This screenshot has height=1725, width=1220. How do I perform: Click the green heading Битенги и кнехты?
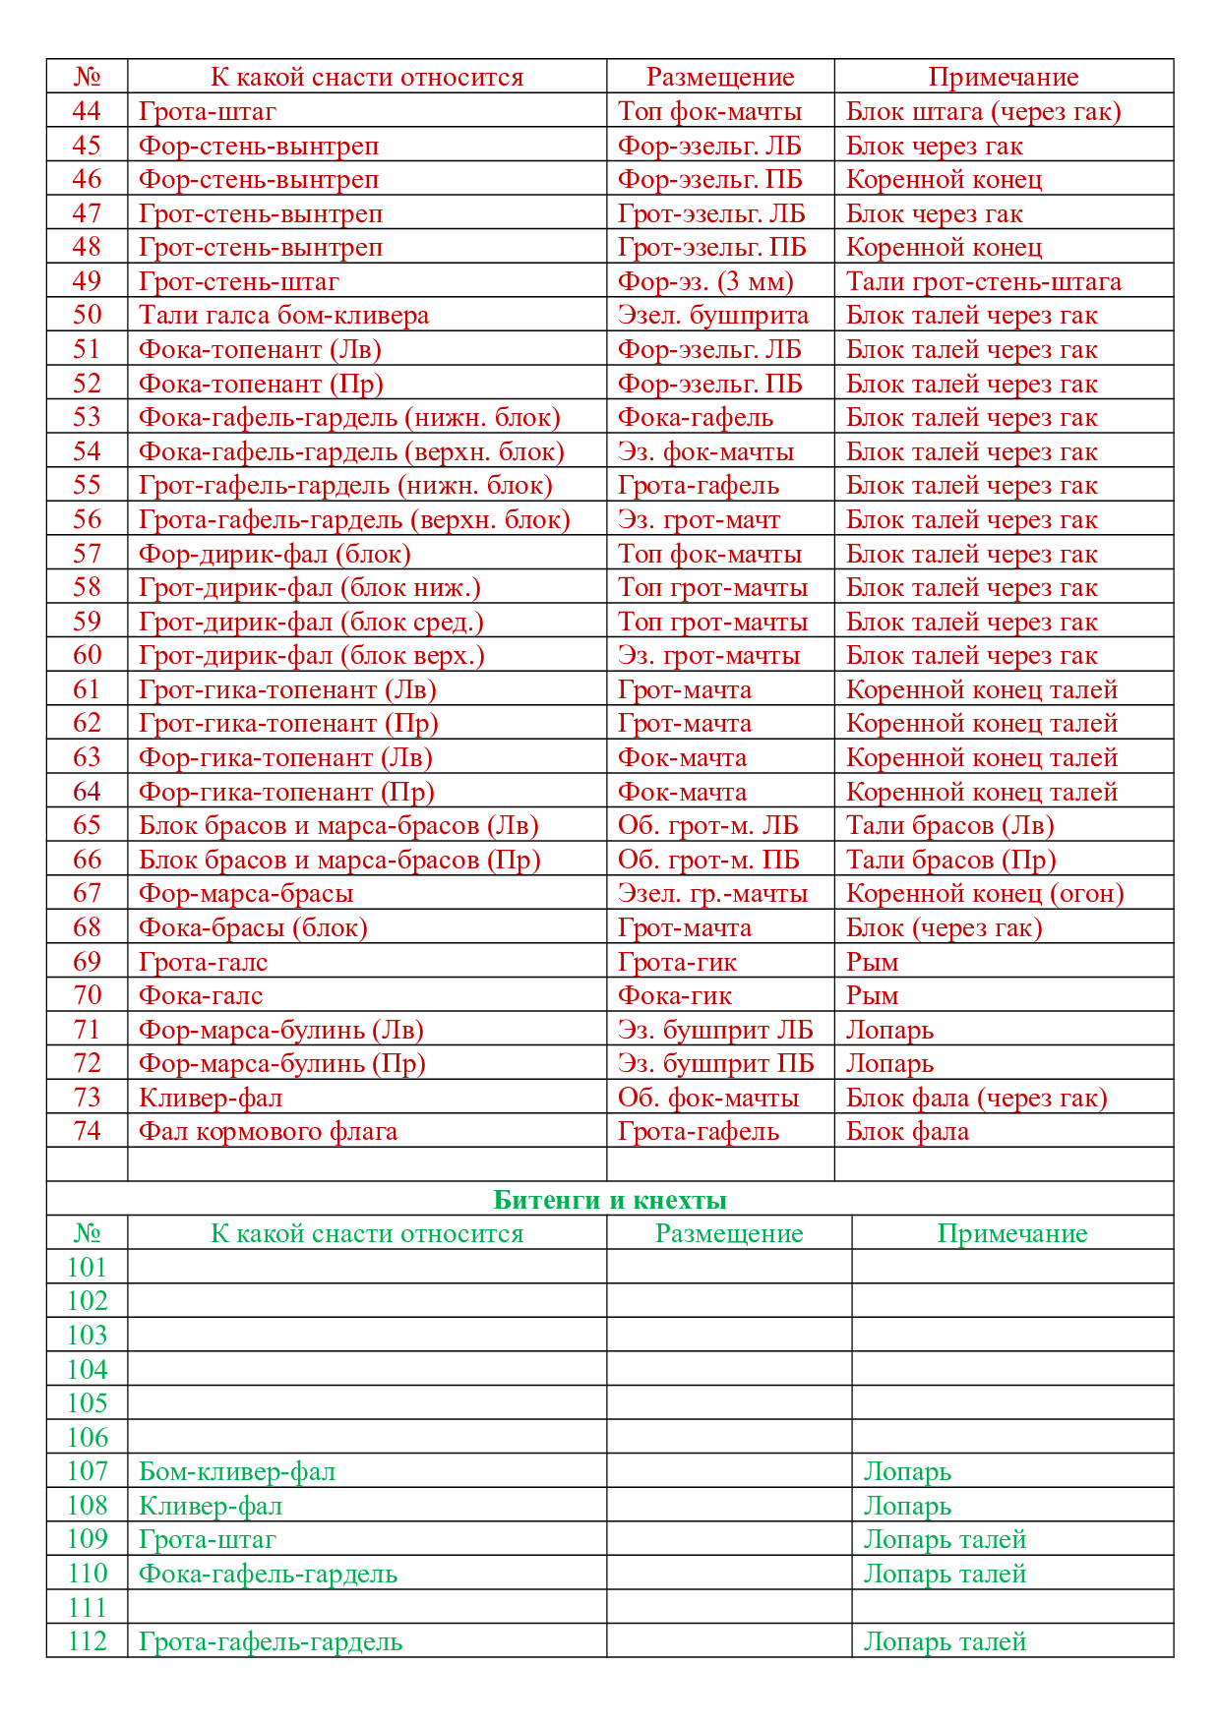[610, 1200]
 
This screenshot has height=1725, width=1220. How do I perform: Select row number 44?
[87, 111]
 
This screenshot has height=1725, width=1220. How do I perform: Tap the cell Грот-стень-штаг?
[239, 281]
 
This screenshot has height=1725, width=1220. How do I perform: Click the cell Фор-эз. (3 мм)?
[705, 281]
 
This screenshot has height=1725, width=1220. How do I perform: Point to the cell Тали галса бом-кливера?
[284, 316]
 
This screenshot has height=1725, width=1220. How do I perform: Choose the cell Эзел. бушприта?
[713, 316]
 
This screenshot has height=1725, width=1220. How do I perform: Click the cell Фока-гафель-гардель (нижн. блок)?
[349, 417]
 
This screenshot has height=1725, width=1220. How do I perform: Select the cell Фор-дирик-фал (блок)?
[274, 554]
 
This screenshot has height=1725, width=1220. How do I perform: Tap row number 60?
[87, 655]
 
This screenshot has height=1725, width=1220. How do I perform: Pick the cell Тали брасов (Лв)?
[949, 825]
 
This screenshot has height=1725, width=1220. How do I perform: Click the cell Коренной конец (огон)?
[985, 893]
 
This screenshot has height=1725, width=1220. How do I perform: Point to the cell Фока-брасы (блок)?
[253, 927]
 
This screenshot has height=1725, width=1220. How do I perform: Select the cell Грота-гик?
[677, 962]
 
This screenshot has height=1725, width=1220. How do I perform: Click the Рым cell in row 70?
[873, 995]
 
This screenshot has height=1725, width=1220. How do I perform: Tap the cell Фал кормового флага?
[269, 1131]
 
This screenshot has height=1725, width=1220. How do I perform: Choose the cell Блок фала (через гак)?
[976, 1098]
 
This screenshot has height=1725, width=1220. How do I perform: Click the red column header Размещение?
[720, 77]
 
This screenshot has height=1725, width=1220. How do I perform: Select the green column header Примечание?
[1012, 1233]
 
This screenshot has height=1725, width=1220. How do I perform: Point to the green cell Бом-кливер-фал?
[237, 1471]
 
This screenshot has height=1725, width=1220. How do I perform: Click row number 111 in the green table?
[87, 1607]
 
